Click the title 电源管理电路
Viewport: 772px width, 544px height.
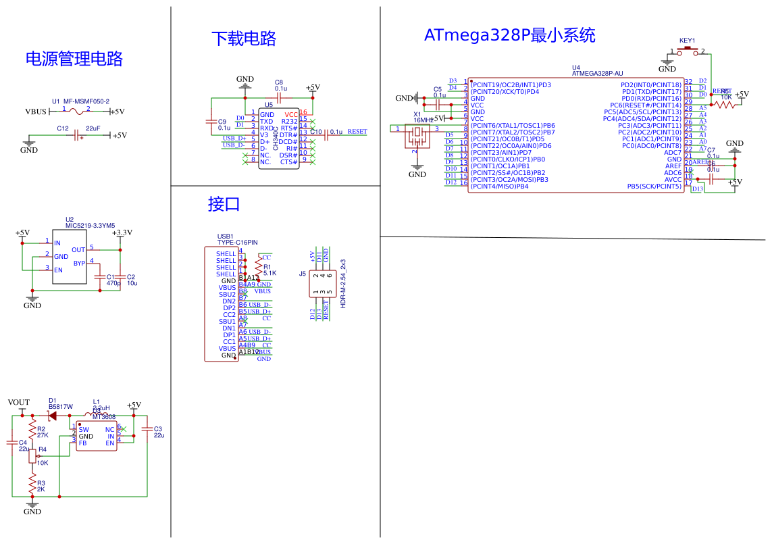(x=74, y=59)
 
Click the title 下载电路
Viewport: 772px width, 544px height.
(x=244, y=39)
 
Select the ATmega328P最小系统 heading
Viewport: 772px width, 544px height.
(x=510, y=35)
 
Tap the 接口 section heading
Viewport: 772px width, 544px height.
(x=224, y=204)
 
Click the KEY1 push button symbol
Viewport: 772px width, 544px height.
(x=688, y=51)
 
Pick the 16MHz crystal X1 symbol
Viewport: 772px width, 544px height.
(x=417, y=137)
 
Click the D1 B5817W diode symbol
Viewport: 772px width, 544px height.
(x=52, y=416)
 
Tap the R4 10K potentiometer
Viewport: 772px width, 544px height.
(x=32, y=456)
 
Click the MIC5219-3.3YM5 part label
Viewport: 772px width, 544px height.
(x=90, y=226)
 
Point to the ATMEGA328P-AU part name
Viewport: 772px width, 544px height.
(x=597, y=74)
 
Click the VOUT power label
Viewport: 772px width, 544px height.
(x=19, y=403)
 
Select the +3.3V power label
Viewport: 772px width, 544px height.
(x=122, y=233)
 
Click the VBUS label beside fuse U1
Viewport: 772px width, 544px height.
(x=36, y=112)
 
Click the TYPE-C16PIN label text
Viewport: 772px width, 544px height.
(x=237, y=242)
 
